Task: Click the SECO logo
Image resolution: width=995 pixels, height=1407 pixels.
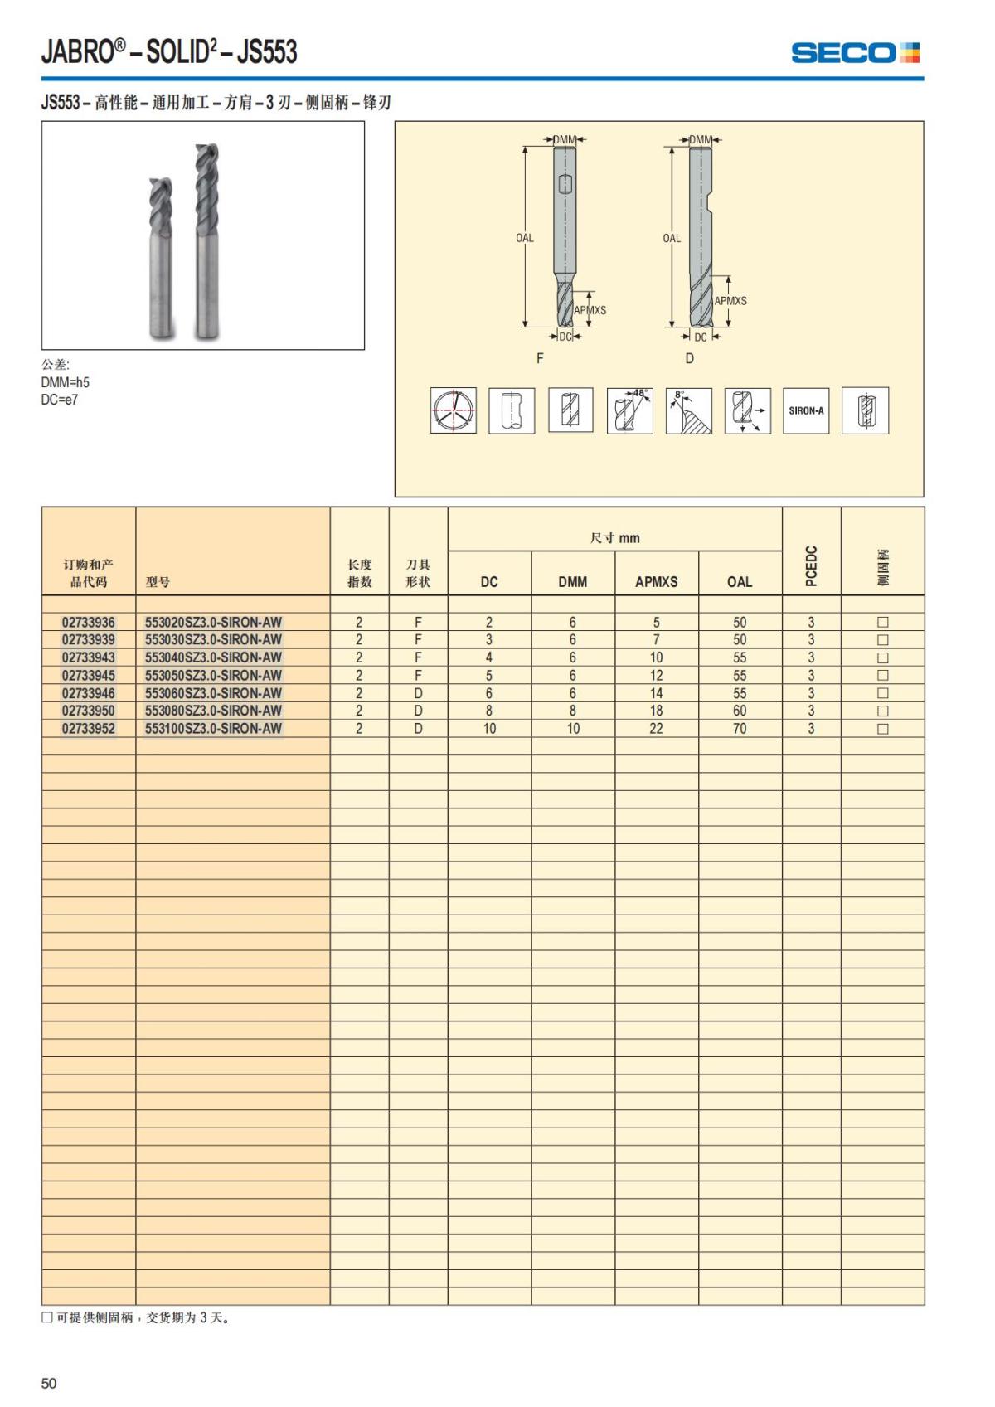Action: pos(855,53)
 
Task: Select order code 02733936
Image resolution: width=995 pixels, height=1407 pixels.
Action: pos(89,622)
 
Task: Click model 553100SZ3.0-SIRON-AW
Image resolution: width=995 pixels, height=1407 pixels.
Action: pos(213,729)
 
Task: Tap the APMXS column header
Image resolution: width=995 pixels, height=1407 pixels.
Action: pos(656,582)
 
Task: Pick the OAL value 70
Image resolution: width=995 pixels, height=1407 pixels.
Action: pos(740,729)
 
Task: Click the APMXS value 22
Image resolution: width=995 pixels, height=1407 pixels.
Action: pos(656,729)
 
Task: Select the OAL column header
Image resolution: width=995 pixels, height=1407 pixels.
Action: pos(740,582)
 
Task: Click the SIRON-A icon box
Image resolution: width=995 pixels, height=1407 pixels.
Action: pos(806,410)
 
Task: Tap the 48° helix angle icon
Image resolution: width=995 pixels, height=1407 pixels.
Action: pos(629,410)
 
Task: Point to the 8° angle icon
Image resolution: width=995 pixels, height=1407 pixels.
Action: pos(688,410)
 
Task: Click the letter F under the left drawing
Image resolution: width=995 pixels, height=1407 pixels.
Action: pos(540,359)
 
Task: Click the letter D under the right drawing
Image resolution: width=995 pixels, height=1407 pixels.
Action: pos(689,359)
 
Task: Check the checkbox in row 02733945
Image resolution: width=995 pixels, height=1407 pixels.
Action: pos(882,676)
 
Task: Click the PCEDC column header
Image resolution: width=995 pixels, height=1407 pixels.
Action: pos(812,565)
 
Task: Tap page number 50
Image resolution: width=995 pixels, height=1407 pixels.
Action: pos(49,1383)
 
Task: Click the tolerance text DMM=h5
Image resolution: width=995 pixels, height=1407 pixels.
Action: pos(65,382)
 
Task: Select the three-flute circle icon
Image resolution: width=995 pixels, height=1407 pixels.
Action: pos(453,410)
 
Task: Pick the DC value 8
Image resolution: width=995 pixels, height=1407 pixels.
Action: pos(489,711)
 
